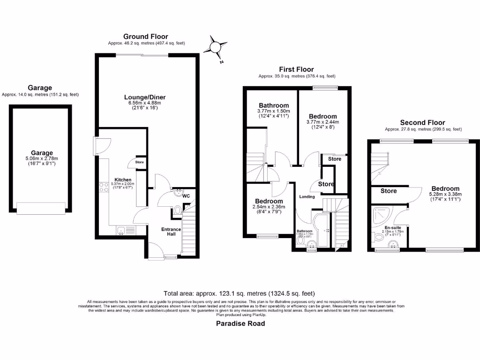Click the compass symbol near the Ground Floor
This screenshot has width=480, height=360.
[216, 47]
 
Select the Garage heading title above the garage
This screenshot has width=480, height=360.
[40, 88]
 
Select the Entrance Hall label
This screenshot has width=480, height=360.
[171, 232]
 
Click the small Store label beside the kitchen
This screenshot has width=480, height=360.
[139, 163]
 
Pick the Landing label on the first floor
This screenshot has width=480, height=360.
[307, 196]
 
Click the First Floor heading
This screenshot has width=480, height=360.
[297, 69]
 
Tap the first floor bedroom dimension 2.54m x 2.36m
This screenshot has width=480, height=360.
[269, 207]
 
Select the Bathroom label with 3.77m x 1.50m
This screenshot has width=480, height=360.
[274, 111]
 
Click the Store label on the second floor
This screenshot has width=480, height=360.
[389, 191]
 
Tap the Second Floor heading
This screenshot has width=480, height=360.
[423, 123]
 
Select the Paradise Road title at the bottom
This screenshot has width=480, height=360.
[240, 323]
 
